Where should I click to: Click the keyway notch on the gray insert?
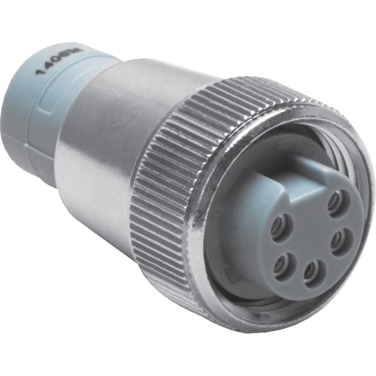click(x=301, y=165)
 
